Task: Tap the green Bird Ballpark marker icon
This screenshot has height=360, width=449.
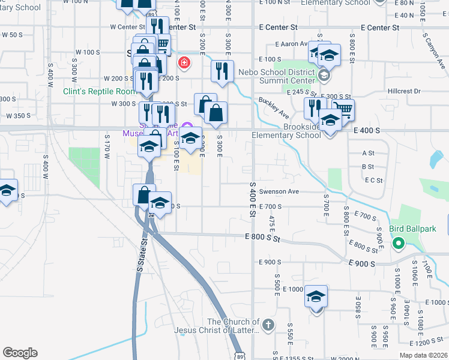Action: (397, 244)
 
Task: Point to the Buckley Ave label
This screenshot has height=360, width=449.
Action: (274, 107)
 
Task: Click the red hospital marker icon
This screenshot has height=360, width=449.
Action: (183, 62)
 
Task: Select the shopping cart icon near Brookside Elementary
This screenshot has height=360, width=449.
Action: (343, 110)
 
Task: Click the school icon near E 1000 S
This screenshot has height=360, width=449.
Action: (316, 296)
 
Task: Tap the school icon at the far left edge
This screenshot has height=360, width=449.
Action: (6, 191)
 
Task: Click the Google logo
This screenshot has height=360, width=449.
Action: (20, 353)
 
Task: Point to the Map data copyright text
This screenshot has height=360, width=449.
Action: (423, 355)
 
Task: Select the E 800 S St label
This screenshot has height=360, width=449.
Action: (263, 238)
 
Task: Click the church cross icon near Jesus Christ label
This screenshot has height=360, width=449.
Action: (268, 326)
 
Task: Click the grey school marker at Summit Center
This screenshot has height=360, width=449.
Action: (324, 75)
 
